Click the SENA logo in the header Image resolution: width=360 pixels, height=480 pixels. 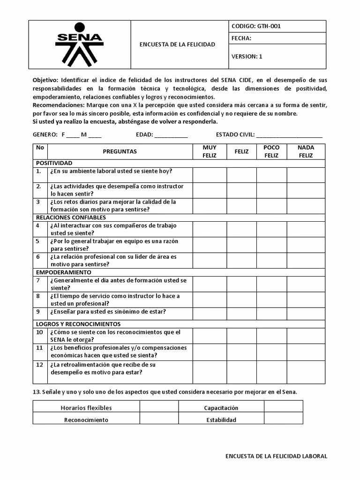point(79,44)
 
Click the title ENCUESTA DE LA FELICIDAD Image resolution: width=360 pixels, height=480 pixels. point(177,45)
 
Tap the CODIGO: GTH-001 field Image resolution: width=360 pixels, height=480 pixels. point(256,26)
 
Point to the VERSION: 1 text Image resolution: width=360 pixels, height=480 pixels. point(247,56)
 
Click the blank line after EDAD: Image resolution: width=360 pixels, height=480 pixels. point(171,135)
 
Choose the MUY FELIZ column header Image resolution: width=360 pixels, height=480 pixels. point(210,151)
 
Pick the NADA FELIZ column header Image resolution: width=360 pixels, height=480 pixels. point(306,151)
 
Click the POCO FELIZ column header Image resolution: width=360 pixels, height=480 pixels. point(271,151)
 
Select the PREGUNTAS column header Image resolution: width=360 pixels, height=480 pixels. point(120,151)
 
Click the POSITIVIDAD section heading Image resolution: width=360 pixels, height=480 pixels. point(54,163)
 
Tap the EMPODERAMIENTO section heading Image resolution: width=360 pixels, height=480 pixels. point(64,272)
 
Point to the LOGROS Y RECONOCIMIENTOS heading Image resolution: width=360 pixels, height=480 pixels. point(78,324)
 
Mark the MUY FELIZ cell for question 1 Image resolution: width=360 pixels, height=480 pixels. point(210,174)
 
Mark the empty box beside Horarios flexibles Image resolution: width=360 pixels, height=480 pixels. point(159,408)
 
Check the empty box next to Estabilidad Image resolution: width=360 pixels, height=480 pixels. point(283,420)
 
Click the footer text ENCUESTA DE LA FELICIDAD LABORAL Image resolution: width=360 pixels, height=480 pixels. point(276,456)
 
